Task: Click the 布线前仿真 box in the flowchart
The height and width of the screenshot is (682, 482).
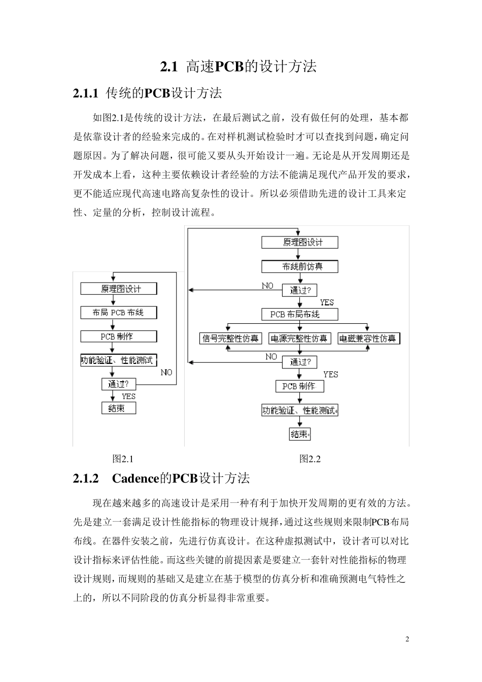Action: [x=299, y=266]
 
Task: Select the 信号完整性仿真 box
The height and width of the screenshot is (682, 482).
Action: [x=230, y=338]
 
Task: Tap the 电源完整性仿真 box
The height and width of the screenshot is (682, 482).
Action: [x=299, y=338]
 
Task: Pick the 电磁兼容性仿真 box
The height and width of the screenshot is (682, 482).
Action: [x=369, y=338]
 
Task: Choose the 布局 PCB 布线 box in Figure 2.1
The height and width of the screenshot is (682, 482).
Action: [x=118, y=313]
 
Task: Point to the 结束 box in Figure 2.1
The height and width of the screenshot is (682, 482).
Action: [x=118, y=408]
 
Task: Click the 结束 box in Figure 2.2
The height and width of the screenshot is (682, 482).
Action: [x=299, y=434]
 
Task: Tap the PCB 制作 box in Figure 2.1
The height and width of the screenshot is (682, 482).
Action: [x=118, y=336]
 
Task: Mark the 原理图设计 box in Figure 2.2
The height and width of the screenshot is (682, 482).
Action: [x=299, y=242]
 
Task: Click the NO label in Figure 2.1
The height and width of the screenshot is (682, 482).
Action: [x=166, y=372]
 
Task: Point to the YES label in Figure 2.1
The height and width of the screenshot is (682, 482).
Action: [x=128, y=396]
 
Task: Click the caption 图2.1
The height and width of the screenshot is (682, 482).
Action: [x=122, y=459]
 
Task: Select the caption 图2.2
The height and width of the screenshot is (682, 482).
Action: [x=309, y=459]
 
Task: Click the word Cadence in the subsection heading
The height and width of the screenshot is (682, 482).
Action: [x=135, y=479]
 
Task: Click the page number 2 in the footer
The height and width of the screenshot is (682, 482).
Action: [x=407, y=639]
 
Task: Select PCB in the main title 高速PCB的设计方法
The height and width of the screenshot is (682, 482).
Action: [x=229, y=66]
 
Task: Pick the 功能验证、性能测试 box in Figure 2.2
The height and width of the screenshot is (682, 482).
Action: [x=299, y=411]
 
